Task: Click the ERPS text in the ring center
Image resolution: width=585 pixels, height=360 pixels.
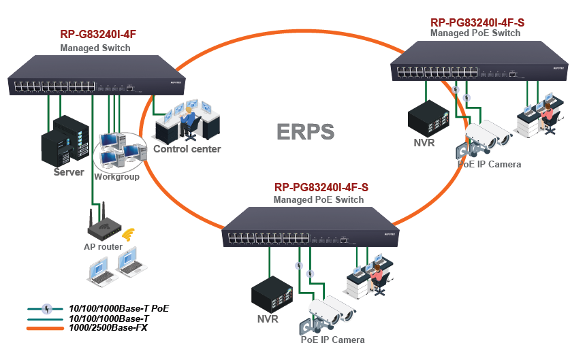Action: coord(306,131)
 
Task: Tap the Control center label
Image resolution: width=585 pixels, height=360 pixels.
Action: coord(187,149)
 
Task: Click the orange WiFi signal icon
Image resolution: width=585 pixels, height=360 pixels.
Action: coord(127,235)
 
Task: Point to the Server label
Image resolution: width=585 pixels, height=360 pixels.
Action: coord(69,172)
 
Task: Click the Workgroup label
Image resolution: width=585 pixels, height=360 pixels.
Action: coord(116,177)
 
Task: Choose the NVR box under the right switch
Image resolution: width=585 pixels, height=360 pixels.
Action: coord(427,117)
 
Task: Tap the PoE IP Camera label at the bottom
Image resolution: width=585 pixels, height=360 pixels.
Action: coord(332,340)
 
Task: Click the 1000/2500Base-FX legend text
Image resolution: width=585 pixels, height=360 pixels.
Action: coord(108,328)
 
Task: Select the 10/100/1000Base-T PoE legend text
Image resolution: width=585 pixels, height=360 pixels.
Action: coord(119,308)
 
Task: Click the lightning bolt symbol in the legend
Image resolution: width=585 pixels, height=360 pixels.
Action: coord(46,308)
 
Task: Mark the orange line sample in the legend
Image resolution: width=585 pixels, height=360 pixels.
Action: coord(46,329)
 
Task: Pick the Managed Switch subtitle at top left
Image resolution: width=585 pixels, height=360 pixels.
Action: coord(95,48)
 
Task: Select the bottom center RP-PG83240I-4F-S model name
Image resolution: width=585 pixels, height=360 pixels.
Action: coord(321,187)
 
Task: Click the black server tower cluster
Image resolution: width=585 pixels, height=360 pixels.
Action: coord(64,139)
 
